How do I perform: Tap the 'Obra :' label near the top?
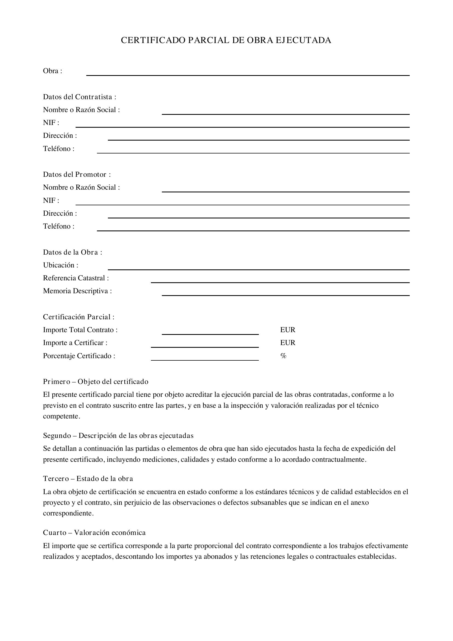point(52,71)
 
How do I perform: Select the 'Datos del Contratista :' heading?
point(79,97)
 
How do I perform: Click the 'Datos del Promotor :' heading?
point(77,175)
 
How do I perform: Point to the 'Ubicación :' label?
point(61,265)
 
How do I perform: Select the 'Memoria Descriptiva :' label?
point(77,291)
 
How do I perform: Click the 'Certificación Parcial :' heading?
point(79,317)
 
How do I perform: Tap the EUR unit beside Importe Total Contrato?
point(288,330)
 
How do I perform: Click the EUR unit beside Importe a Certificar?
point(288,343)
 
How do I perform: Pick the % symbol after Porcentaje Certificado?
point(283,356)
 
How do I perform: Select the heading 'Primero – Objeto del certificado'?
point(95,381)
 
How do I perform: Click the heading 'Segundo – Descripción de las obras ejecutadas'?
point(118,435)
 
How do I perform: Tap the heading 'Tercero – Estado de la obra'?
point(88,478)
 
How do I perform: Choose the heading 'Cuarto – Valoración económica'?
point(94,532)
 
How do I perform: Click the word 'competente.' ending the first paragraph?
point(61,416)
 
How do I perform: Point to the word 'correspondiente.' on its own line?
point(68,513)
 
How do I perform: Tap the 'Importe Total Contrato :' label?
point(80,330)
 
